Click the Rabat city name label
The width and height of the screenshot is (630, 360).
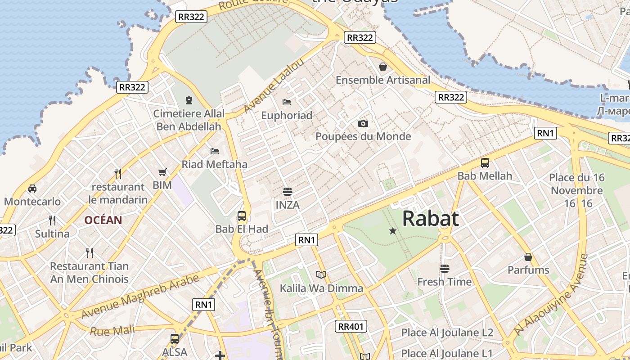pos(431,219)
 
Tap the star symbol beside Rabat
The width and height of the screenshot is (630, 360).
pos(393,231)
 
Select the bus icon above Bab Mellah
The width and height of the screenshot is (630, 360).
pos(485,163)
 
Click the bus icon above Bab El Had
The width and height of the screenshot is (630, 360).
pos(242,216)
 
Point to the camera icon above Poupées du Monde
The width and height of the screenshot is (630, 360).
pos(363,123)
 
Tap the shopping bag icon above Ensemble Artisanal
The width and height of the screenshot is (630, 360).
pos(383,67)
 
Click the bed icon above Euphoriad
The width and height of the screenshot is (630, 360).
pos(287,102)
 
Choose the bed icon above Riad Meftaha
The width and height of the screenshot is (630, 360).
pos(215,151)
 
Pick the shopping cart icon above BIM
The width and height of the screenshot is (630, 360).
pos(162,172)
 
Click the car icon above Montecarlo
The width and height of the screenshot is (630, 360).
pos(32,188)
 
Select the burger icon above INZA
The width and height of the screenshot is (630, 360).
pos(288,192)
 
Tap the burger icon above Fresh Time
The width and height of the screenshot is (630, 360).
pos(445,269)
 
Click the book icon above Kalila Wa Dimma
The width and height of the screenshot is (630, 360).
pos(321,274)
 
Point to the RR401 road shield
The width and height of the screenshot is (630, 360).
pos(351,326)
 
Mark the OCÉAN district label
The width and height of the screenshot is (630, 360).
pos(103,220)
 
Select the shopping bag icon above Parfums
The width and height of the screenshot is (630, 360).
pos(528,257)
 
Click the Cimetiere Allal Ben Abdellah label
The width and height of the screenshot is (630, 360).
pos(189,120)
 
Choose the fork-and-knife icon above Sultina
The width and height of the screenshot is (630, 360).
pos(52,220)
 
